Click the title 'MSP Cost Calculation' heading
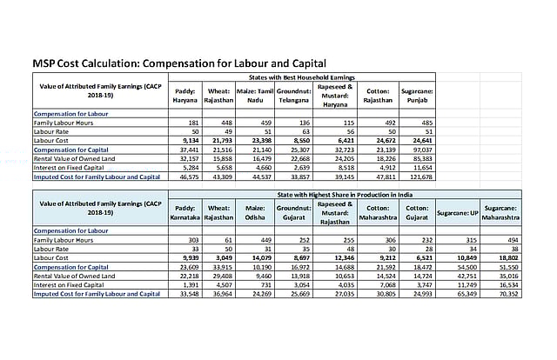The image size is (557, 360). [x=178, y=63]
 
